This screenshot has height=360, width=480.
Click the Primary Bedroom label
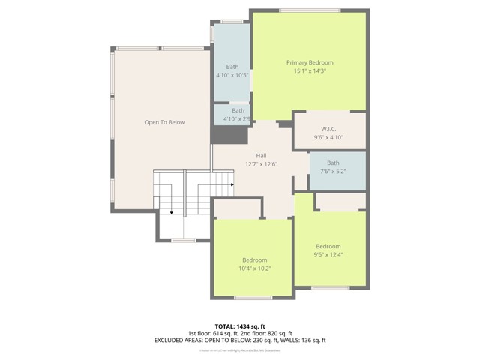pyautogui.click(x=310, y=62)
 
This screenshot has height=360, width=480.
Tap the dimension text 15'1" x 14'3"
pyautogui.click(x=310, y=70)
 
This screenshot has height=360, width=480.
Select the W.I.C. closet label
pyautogui.click(x=328, y=127)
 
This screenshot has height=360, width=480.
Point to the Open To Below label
pyautogui.click(x=164, y=122)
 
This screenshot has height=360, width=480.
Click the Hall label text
pyautogui.click(x=261, y=155)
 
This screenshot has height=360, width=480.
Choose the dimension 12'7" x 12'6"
pyautogui.click(x=261, y=163)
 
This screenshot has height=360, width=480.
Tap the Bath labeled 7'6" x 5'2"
pyautogui.click(x=332, y=163)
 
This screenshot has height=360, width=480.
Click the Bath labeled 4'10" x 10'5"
pyautogui.click(x=232, y=67)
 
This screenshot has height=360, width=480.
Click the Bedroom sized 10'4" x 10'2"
pyautogui.click(x=254, y=260)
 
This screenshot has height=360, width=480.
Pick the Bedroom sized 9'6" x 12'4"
pyautogui.click(x=328, y=246)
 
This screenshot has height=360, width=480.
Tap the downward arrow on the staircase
pyautogui.click(x=172, y=213)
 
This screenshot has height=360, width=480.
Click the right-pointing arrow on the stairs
pyautogui.click(x=232, y=183)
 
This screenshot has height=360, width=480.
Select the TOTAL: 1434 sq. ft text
pyautogui.click(x=239, y=325)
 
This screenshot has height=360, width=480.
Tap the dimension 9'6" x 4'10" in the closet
pyautogui.click(x=328, y=137)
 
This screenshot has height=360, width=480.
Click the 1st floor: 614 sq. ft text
pyautogui.click(x=214, y=332)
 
